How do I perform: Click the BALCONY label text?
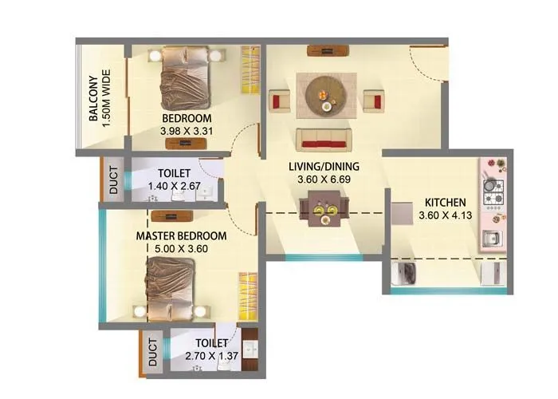click(x=93, y=99)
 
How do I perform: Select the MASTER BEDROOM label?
click(x=181, y=236)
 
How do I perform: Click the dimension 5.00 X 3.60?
click(x=181, y=249)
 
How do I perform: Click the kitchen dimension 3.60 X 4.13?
click(x=446, y=214)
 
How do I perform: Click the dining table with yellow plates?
click(x=323, y=211)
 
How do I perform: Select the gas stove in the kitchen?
click(x=493, y=192)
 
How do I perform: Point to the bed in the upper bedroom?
click(x=186, y=77)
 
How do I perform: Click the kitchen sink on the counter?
click(x=491, y=237)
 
